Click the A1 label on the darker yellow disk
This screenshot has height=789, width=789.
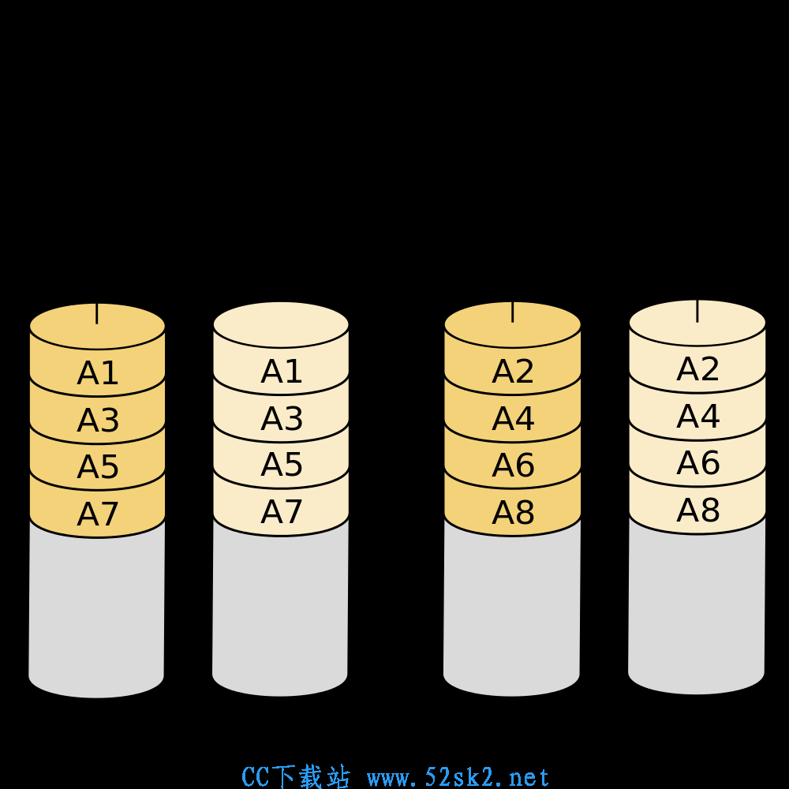(x=98, y=373)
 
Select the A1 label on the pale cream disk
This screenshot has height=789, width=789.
(x=282, y=372)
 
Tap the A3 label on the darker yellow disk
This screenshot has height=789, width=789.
(x=98, y=420)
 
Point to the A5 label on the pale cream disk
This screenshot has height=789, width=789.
(x=282, y=464)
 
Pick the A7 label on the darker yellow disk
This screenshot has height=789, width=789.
(x=98, y=514)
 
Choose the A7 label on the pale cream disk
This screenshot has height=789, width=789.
(x=282, y=512)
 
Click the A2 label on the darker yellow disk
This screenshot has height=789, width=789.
(x=513, y=372)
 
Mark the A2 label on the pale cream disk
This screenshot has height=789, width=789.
(x=698, y=368)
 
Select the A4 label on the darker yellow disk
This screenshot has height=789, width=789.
(x=513, y=418)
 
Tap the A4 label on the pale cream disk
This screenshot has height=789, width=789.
(x=698, y=416)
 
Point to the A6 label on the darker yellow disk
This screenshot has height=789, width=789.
(x=513, y=465)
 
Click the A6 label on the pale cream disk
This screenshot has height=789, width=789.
(x=698, y=462)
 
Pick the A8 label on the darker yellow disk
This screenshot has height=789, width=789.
(x=513, y=513)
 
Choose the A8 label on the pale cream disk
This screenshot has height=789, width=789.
(x=698, y=510)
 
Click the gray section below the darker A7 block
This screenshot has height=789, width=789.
(x=96, y=614)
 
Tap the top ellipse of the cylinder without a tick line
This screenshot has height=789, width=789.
(x=281, y=324)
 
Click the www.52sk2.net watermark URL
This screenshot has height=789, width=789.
(x=458, y=777)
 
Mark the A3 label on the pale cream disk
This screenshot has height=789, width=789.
(x=282, y=418)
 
